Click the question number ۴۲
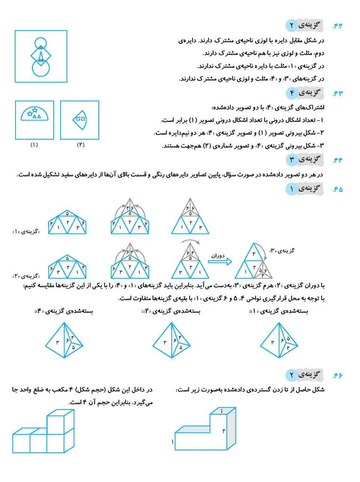338,26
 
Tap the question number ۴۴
338,160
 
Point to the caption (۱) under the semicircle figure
34,145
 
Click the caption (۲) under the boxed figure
80,145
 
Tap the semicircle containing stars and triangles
34,113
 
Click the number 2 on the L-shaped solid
224,431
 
